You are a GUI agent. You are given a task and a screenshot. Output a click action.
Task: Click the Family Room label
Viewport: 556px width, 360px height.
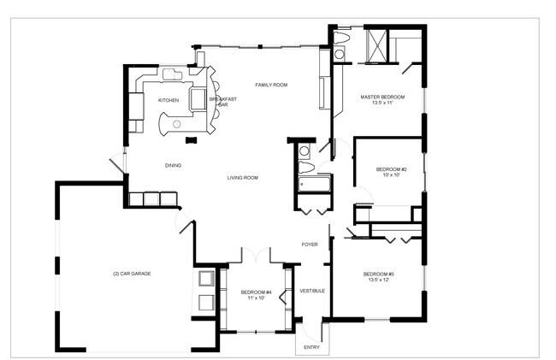(271, 85)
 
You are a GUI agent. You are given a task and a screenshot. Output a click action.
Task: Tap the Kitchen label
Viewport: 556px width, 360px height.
(169, 101)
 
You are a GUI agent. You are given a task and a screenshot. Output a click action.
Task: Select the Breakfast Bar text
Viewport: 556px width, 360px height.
(223, 102)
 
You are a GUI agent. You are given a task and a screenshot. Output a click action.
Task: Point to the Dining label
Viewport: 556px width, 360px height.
(173, 166)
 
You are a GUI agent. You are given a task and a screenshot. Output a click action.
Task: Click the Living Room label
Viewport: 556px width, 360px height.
(243, 178)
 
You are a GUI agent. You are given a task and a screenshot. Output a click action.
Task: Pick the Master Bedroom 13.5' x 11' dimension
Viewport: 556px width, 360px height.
(382, 103)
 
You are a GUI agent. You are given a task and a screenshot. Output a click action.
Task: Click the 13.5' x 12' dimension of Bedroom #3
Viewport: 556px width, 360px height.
(379, 280)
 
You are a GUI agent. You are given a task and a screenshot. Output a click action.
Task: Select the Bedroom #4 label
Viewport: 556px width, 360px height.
(256, 292)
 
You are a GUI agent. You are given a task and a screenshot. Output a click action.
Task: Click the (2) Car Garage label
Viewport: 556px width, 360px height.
(132, 274)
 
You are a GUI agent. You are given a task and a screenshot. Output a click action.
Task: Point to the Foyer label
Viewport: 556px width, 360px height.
(310, 245)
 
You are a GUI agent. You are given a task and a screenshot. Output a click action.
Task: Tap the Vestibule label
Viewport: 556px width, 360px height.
(312, 291)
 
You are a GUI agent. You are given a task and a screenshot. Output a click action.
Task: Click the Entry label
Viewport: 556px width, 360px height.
(311, 347)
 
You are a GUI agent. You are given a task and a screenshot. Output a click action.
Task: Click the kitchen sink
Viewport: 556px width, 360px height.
(172, 74)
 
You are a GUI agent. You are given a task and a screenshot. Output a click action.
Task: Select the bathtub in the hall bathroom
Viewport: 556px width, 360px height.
(314, 184)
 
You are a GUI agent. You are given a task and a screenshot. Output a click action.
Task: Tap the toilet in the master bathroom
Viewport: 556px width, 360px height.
(341, 38)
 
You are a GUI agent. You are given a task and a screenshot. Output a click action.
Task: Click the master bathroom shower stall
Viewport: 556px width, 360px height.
(376, 46)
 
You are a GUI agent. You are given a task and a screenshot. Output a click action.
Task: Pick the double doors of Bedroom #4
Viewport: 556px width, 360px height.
(256, 255)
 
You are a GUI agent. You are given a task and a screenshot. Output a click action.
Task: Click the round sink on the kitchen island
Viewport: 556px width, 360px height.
(176, 124)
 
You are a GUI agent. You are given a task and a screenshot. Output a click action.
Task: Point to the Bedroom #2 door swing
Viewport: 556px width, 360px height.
(364, 195)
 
